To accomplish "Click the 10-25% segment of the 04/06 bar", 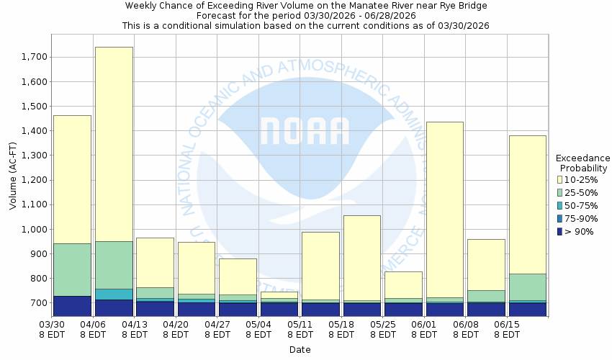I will coord(114,144).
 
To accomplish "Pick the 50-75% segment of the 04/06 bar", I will coord(114,294).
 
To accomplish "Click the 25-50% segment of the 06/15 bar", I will coord(527,287).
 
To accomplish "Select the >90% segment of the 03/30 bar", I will coord(72,305).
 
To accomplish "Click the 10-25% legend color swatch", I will coord(560,179).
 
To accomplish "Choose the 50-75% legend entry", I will coord(579,205).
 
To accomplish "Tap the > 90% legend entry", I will coord(579,231).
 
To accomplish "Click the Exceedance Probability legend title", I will coord(582,163).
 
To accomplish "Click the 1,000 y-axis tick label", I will coord(35,229).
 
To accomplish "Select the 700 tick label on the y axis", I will coord(39,303).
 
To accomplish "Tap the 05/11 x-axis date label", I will coord(301,329).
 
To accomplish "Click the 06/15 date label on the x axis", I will coord(508,329).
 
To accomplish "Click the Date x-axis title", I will coord(300,349).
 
